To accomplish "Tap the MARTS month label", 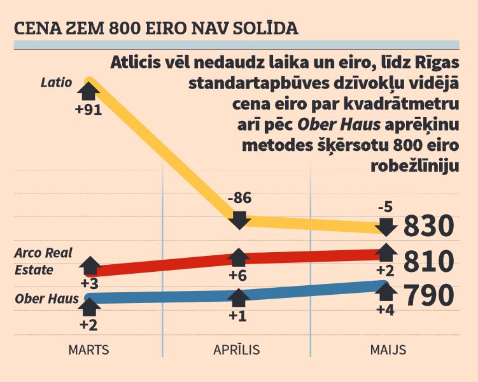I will (89, 350).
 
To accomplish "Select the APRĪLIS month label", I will (236, 350).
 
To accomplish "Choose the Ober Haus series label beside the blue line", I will (46, 299).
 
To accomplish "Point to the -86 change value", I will (239, 198).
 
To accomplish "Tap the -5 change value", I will (384, 207).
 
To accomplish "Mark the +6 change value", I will (239, 276).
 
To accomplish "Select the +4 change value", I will (385, 310).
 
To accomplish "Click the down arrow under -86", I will (239, 218).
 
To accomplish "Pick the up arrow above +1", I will (239, 297).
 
